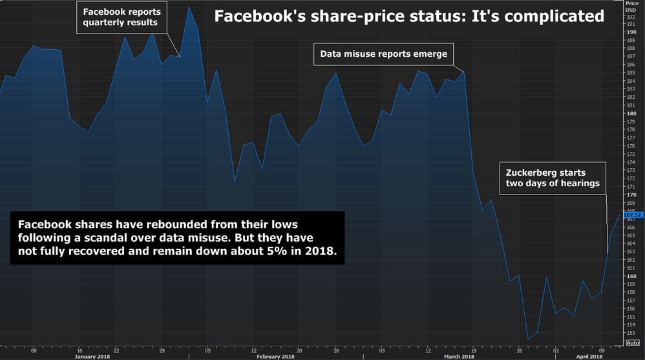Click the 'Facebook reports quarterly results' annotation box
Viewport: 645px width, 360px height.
[x=120, y=17]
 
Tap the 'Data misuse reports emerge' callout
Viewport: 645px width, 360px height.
[x=383, y=54]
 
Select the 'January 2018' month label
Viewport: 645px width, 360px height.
[x=92, y=356]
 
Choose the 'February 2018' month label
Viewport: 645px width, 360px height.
[x=276, y=356]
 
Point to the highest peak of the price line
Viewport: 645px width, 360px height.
[x=189, y=7]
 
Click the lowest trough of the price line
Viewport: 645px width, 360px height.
[x=528, y=339]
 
